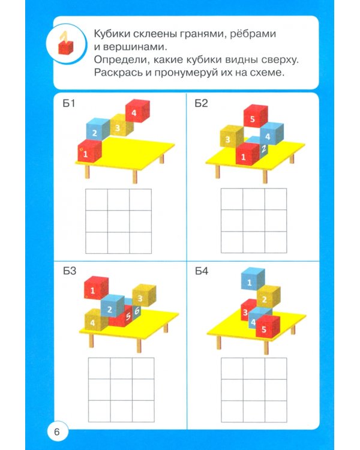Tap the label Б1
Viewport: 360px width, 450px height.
coord(69,104)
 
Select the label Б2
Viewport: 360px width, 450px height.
coord(201,104)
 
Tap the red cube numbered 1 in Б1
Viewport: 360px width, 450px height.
coord(88,152)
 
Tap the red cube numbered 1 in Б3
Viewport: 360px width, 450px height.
coord(95,290)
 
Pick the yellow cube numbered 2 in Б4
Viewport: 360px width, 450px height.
coord(267,298)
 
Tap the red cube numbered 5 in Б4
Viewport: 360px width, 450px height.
coord(266,328)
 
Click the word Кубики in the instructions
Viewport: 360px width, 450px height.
coord(112,33)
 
